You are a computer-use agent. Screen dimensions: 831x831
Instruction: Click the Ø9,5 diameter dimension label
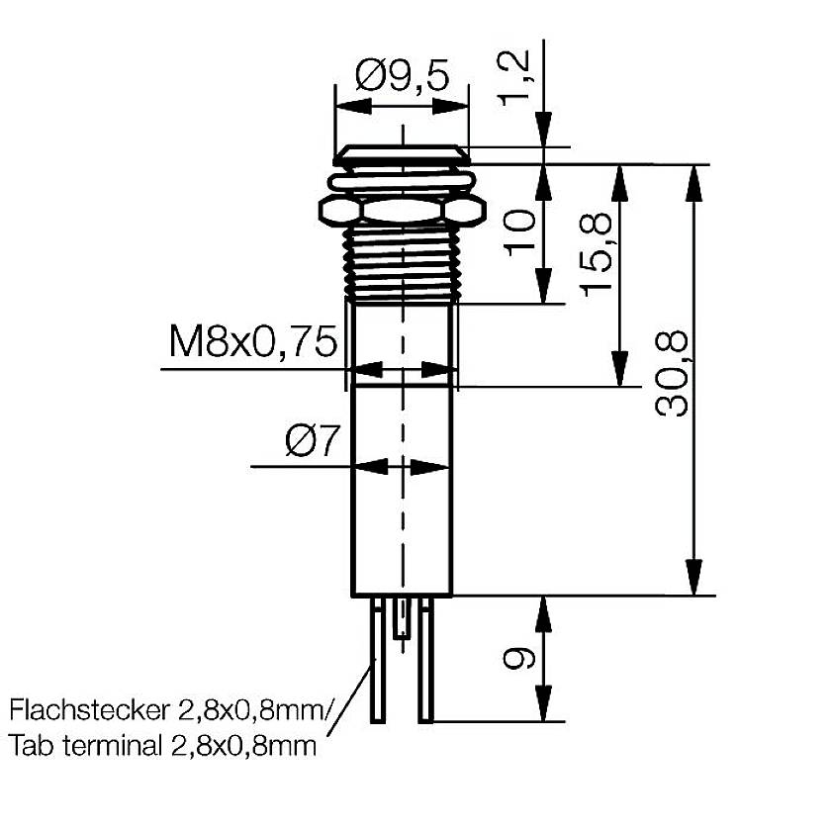(401, 74)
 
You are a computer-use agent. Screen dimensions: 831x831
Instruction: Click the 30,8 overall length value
(673, 376)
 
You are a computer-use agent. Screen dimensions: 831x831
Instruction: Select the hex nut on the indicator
(402, 210)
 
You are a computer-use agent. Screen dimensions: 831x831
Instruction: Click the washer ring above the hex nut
(402, 180)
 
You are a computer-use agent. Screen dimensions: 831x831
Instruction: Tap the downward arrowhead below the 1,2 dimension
(542, 131)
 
